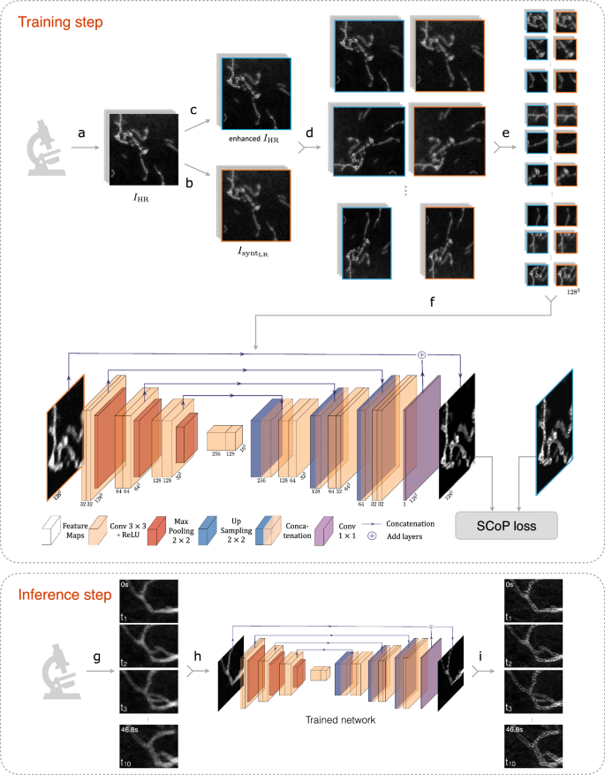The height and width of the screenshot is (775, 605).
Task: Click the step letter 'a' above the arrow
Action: coord(81,133)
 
